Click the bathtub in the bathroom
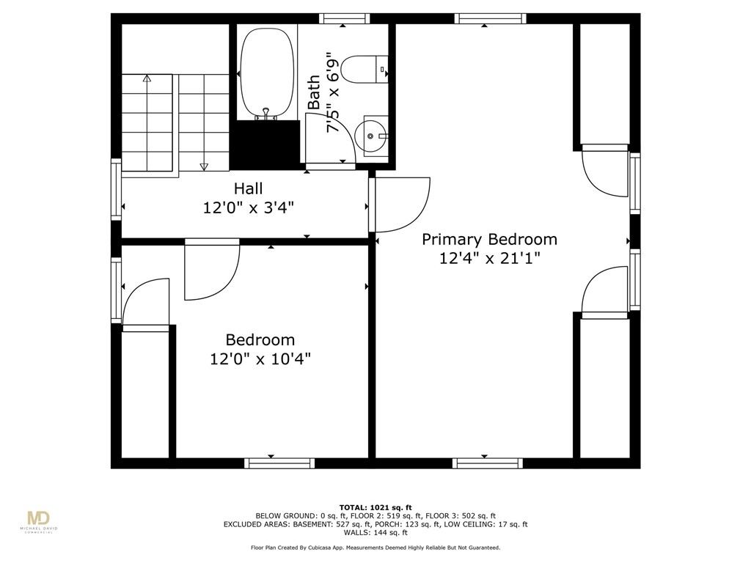267,72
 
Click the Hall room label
248,188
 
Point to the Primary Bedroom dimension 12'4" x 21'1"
489,258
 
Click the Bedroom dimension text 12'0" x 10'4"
260,359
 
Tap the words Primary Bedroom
489,239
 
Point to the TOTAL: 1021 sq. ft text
375,507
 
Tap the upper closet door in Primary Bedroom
604,172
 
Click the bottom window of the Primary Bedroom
487,463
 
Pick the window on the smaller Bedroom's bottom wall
279,463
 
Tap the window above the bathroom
344,18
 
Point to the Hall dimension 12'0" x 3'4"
248,208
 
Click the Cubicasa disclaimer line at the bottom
375,548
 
